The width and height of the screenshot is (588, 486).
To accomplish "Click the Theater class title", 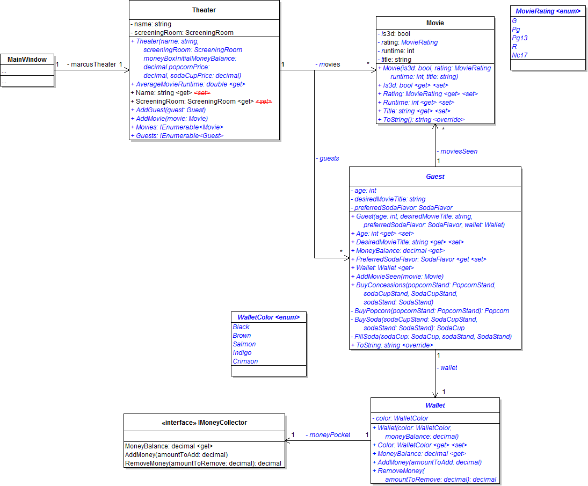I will point(204,10).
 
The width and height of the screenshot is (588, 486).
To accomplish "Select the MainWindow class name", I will point(27,60).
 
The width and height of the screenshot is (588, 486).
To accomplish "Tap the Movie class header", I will point(435,23).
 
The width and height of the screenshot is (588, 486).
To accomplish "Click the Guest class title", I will point(435,176).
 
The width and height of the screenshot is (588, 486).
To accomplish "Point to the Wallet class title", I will point(435,405).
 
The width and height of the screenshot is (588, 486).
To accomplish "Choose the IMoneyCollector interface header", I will point(204,423).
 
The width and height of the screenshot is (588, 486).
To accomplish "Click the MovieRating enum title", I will point(548,11).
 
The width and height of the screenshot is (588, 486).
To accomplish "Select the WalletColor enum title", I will point(268,317).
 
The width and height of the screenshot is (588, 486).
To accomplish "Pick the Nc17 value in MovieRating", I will point(519,55).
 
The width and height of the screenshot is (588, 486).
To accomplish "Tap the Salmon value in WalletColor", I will point(244,344).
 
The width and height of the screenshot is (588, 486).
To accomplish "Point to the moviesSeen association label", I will point(457,151).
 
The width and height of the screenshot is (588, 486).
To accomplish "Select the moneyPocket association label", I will point(329,435).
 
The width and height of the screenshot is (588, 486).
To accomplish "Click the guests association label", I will point(328,158).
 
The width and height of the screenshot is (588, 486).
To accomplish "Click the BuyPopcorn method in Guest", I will point(430,311).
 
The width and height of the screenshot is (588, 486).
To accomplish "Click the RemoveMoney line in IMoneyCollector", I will point(203,463).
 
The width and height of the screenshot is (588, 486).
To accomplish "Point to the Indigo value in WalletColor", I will point(242,353).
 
